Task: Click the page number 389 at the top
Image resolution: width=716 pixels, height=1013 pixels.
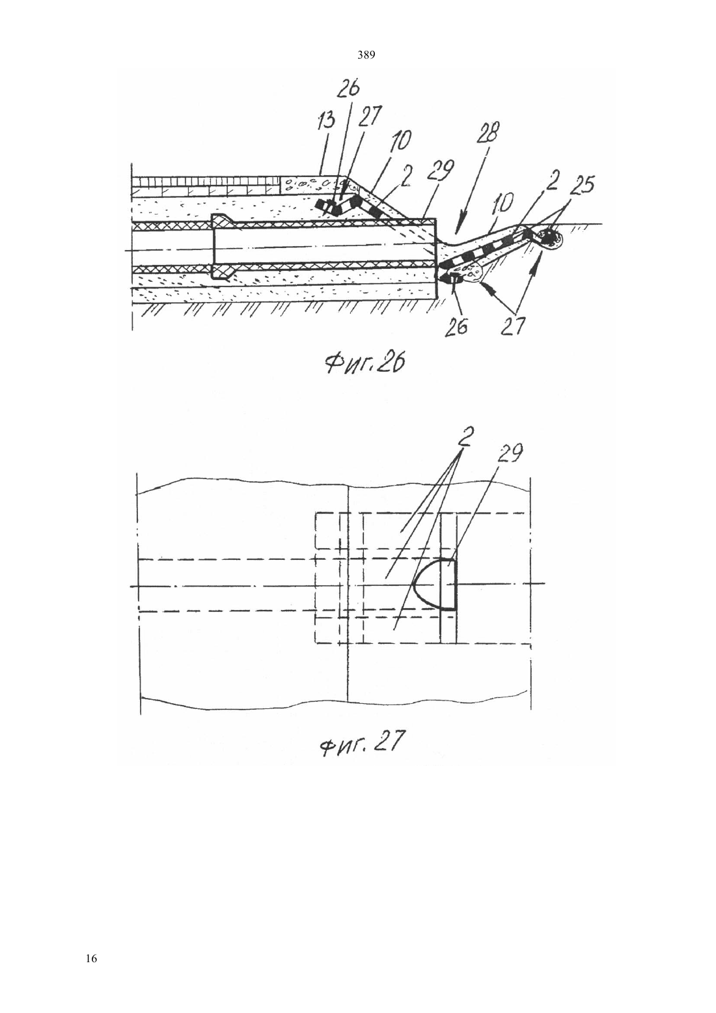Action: tap(366, 55)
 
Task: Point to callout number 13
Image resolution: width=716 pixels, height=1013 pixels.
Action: tap(327, 120)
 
